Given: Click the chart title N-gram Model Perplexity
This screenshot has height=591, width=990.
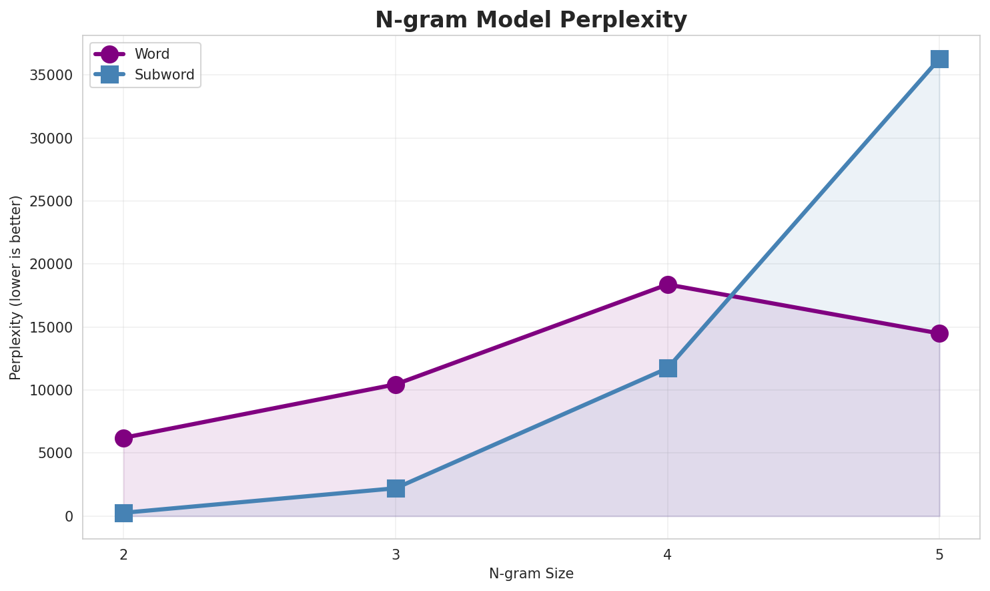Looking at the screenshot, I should tap(531, 20).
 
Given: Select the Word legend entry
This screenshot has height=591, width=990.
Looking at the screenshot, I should tap(151, 54).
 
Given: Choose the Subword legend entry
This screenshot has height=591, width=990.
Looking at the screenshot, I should tap(164, 75).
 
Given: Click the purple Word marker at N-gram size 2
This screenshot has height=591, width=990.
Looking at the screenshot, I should tap(123, 438).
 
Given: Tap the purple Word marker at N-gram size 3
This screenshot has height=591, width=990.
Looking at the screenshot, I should tap(396, 385).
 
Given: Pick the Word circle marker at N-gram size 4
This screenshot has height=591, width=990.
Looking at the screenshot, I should tap(668, 284).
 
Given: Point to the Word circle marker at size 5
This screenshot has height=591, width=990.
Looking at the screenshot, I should tap(939, 333).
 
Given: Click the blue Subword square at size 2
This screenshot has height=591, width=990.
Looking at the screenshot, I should tap(123, 513).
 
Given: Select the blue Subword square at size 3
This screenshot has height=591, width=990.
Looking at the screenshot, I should tap(396, 488).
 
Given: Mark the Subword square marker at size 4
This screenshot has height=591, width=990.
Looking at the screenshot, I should tap(668, 368).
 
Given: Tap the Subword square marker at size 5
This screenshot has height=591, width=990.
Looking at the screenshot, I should tap(939, 59).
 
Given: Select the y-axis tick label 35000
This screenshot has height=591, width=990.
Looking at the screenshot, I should tap(51, 75).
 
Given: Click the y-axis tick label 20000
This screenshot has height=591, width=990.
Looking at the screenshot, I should tap(51, 264).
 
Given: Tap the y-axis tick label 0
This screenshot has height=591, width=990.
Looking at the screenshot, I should tap(69, 516).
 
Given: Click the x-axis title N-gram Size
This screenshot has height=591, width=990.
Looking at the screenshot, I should tap(531, 574).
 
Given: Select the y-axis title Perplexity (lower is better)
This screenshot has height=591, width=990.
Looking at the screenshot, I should tap(16, 287).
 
